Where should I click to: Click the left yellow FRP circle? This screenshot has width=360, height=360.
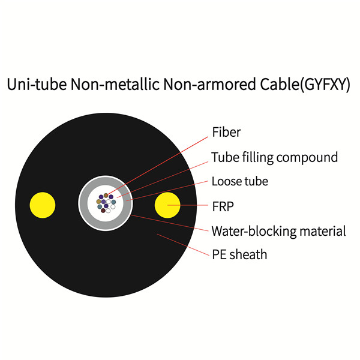[43, 205]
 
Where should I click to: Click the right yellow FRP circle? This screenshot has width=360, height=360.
[167, 205]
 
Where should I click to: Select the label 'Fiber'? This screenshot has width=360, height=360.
[226, 132]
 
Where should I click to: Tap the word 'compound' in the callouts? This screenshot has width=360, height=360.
[307, 158]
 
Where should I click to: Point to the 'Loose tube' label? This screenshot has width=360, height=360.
[239, 181]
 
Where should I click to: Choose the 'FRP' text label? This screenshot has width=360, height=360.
[223, 206]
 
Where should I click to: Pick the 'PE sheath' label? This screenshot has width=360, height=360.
[239, 254]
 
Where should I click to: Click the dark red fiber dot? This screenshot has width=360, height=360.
[103, 211]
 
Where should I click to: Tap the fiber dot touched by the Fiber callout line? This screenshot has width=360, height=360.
[106, 196]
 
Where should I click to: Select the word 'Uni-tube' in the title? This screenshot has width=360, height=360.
[37, 84]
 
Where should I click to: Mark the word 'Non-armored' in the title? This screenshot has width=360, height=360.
[209, 84]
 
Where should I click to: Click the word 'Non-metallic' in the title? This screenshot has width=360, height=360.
[115, 84]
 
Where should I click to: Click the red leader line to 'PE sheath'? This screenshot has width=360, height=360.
[183, 245]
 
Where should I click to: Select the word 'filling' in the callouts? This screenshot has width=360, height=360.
[258, 158]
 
